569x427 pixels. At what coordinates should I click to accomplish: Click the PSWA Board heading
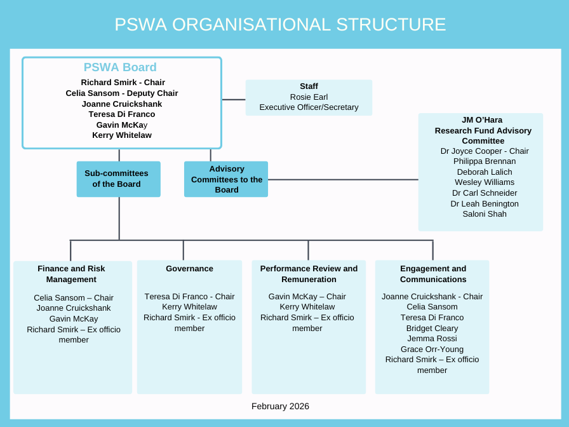[120, 67]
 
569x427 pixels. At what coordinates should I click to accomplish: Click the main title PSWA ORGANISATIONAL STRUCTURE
[280, 25]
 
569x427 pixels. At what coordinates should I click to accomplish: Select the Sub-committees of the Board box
[118, 179]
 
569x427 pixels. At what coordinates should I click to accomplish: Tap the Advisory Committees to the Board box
[226, 179]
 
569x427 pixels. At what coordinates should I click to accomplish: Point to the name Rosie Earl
[309, 97]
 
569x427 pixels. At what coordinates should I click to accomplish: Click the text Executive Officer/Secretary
[309, 107]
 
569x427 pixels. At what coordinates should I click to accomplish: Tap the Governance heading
[189, 269]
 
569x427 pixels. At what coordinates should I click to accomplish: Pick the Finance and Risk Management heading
[71, 274]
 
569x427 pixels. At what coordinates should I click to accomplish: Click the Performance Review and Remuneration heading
[309, 274]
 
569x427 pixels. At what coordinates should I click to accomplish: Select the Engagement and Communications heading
[433, 274]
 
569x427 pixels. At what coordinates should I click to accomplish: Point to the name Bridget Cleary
[432, 329]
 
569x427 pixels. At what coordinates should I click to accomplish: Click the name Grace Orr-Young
[432, 349]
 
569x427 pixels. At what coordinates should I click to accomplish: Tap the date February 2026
[280, 407]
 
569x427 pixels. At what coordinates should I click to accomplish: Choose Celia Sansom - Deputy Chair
[122, 93]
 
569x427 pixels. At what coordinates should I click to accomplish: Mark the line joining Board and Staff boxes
[234, 100]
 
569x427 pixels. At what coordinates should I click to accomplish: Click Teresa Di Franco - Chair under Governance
[189, 297]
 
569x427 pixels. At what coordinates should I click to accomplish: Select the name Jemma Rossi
[432, 339]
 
